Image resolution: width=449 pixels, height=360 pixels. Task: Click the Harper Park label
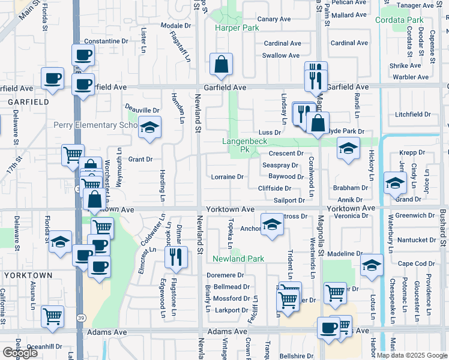(x=237, y=28)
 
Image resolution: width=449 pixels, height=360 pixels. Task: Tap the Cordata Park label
(x=399, y=20)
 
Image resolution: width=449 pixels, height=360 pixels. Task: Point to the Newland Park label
(x=238, y=259)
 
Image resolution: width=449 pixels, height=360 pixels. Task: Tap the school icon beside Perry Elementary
(x=149, y=127)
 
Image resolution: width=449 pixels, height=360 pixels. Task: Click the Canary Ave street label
(x=274, y=19)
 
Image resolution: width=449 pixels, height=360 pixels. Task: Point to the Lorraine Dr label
(x=227, y=177)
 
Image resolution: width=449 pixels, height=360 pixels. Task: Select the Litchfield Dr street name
(x=413, y=114)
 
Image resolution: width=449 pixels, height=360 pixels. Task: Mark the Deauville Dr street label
(x=142, y=110)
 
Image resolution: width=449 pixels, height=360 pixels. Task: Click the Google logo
(x=20, y=352)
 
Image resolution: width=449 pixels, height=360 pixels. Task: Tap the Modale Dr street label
(x=176, y=26)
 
